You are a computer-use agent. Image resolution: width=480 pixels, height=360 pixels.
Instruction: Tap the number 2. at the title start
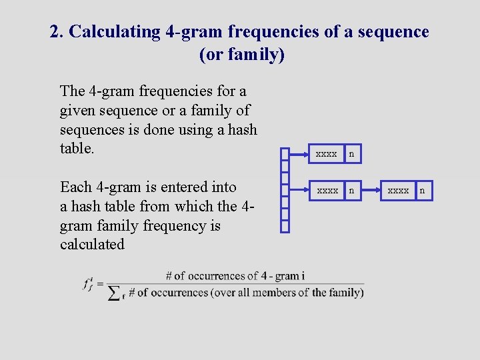(57, 31)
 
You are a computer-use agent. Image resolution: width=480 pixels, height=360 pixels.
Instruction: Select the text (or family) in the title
(241, 55)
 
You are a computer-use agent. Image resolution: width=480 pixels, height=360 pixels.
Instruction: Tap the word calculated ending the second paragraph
(92, 244)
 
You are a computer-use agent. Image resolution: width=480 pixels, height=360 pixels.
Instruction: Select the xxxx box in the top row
(326, 154)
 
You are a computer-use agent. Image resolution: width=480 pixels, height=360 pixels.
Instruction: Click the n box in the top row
(351, 154)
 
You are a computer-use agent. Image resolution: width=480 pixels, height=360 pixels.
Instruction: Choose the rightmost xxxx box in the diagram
(399, 191)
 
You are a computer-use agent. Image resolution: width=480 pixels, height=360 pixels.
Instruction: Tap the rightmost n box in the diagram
(422, 191)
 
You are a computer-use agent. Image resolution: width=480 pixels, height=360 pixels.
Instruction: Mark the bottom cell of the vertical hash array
(285, 226)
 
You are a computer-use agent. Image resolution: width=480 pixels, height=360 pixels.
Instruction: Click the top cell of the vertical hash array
(285, 155)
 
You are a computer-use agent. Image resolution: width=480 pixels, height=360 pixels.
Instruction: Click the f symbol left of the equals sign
(87, 283)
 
